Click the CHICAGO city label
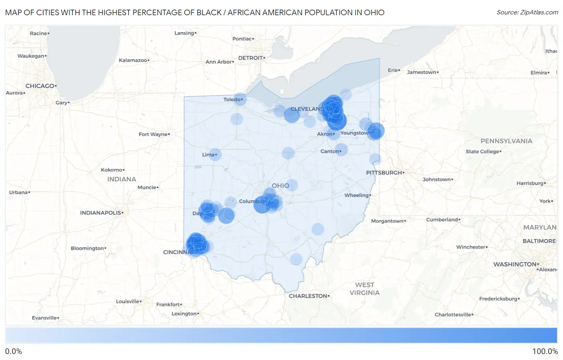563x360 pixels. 40,86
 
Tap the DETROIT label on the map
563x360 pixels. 250,58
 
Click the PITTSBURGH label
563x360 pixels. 384,173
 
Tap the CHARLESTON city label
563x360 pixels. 308,296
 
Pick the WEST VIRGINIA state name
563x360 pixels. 364,289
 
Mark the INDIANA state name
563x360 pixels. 121,179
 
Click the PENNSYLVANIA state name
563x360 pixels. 506,141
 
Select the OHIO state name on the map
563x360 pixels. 280,185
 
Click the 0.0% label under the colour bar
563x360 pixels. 14,351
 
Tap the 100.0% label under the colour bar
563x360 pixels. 545,351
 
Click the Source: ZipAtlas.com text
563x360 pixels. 527,12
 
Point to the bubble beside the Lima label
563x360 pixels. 215,155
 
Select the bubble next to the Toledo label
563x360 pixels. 240,99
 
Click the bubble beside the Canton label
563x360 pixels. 341,150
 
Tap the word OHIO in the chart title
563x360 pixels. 374,12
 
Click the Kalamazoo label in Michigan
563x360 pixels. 133,60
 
